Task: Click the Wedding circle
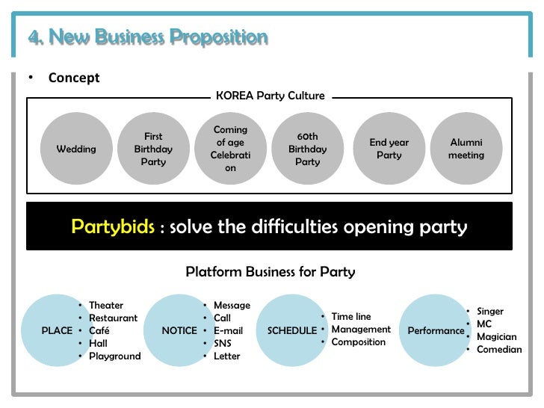pos(76,149)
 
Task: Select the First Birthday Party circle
pos(153,149)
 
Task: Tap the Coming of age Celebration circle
pos(230,149)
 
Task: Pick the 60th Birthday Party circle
pos(307,149)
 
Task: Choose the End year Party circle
pos(389,149)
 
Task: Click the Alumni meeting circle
pos(466,149)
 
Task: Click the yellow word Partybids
pos(113,226)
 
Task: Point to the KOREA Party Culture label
pos(270,96)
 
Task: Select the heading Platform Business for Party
pos(270,272)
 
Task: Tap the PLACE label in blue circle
pos(57,330)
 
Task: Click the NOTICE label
pos(179,330)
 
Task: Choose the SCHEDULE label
pos(292,330)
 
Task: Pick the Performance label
pos(436,330)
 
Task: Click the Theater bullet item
pos(106,305)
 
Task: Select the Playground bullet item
pos(114,356)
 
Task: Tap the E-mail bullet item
pos(228,330)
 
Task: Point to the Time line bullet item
pos(350,316)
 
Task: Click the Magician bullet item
pos(496,336)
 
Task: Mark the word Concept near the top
pos(74,78)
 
